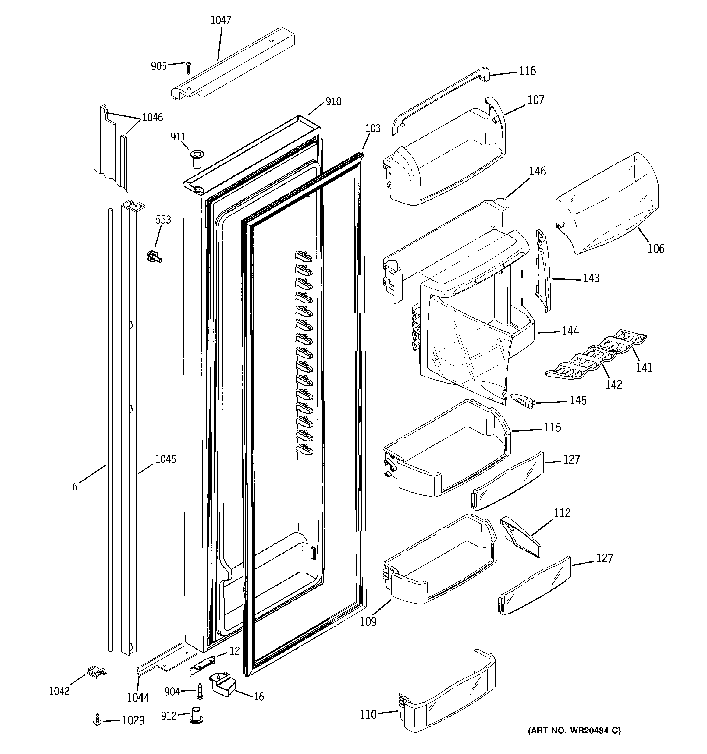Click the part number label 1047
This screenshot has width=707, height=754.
pyautogui.click(x=221, y=20)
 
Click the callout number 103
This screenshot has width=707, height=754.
pyautogui.click(x=373, y=129)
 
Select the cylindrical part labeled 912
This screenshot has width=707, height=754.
pyautogui.click(x=197, y=715)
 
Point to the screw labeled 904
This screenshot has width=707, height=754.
pyautogui.click(x=200, y=692)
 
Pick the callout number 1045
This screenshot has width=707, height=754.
pyautogui.click(x=166, y=459)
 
